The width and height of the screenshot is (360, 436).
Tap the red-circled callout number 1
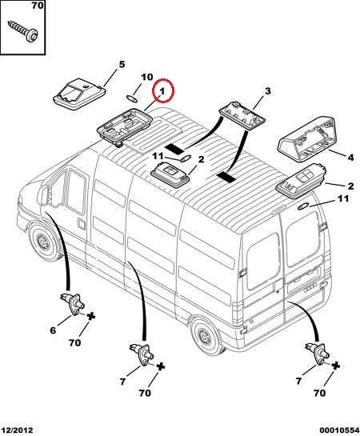click(162, 91)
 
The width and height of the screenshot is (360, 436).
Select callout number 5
click(122, 65)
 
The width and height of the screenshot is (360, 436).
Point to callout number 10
click(147, 77)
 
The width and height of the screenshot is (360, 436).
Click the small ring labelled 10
click(132, 98)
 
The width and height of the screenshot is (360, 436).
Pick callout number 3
click(267, 91)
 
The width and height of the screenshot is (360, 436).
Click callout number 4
click(351, 158)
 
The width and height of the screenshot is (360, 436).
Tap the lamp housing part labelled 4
click(307, 138)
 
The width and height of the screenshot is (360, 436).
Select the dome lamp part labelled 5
click(79, 94)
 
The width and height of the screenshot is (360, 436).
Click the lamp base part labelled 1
click(125, 126)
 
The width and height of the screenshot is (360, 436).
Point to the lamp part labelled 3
click(242, 114)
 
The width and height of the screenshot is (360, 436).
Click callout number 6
click(53, 330)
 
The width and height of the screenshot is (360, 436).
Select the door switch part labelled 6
click(72, 304)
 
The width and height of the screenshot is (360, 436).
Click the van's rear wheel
click(206, 336)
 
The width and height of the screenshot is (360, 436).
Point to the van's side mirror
click(43, 195)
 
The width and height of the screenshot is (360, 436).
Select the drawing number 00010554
click(339, 430)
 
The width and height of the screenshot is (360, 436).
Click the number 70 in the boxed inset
click(38, 5)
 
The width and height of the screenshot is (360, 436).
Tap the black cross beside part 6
click(91, 316)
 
